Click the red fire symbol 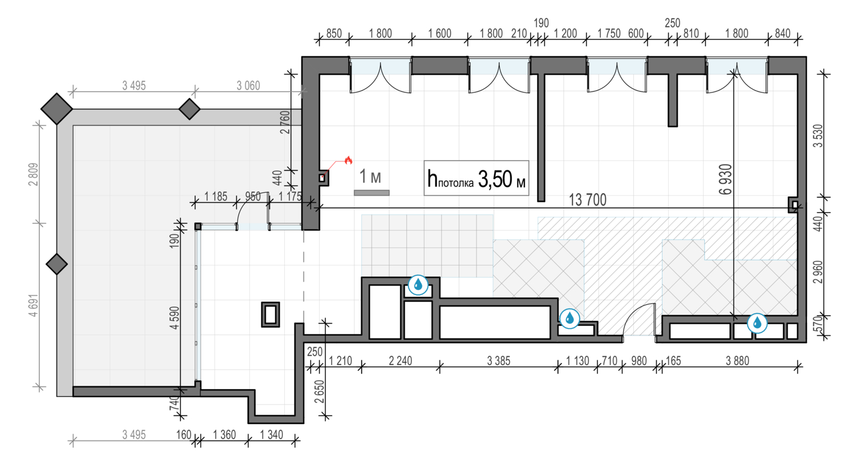click(x=348, y=160)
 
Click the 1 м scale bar click(x=372, y=193)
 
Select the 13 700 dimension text click(x=587, y=199)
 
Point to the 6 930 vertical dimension click(x=725, y=180)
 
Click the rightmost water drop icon click(x=757, y=323)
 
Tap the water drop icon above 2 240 click(x=418, y=285)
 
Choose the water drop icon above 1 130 click(x=570, y=318)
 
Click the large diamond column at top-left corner click(x=56, y=109)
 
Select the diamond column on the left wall click(x=56, y=264)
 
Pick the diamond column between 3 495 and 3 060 click(x=189, y=109)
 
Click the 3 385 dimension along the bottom click(x=498, y=361)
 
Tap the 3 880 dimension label click(x=737, y=361)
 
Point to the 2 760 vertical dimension click(x=285, y=122)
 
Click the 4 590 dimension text click(x=174, y=317)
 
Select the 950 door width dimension click(x=253, y=197)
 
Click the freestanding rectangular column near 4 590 click(x=270, y=315)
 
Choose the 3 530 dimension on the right click(x=818, y=136)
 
